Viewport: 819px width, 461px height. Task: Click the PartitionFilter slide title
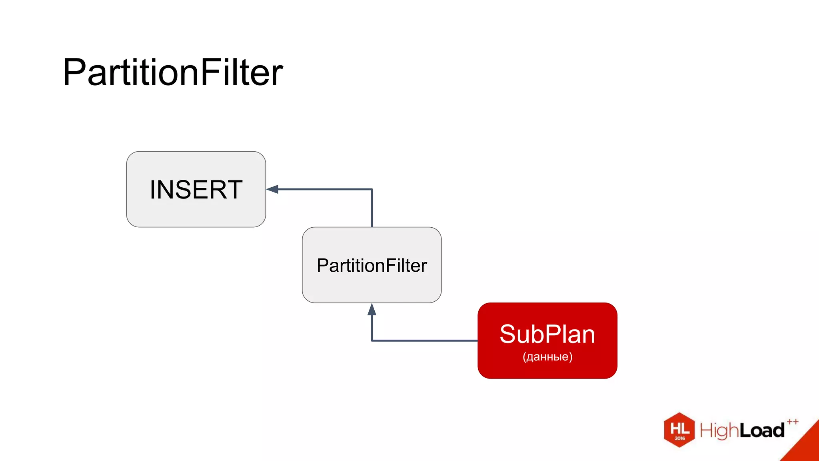pos(173,72)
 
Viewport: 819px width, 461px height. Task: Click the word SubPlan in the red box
pos(547,335)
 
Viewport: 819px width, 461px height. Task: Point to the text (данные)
pos(547,357)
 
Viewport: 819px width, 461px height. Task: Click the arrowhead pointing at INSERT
pos(273,189)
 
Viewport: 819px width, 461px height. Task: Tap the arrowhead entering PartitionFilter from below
pos(372,309)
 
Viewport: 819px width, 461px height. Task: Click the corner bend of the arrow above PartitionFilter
pos(372,189)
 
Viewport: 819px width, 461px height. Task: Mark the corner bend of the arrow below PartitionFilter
pos(372,341)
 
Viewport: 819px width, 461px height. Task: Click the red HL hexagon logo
pos(679,429)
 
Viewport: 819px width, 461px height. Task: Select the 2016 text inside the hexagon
pos(680,438)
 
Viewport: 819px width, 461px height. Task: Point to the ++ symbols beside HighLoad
pos(792,422)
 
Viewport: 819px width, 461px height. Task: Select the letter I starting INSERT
pos(152,190)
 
